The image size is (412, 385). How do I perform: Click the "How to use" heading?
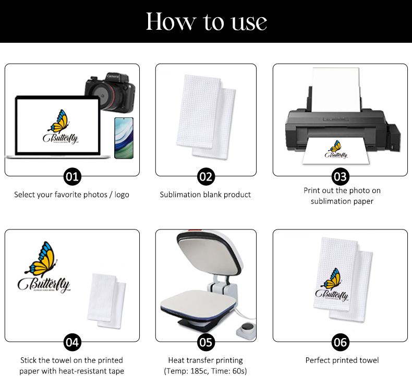coord(206,21)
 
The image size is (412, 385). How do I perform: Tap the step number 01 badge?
coord(72,177)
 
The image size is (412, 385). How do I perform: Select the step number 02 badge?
coord(206,177)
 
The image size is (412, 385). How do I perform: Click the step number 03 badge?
coord(340,177)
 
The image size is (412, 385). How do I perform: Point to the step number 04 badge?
coord(72,342)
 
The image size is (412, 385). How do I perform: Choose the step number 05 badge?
coord(206,342)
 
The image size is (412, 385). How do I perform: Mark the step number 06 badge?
coord(340,342)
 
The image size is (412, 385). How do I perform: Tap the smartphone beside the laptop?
coord(124,138)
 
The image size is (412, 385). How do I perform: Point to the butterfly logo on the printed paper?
coord(335,149)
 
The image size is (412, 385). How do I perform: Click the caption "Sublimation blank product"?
coord(205,195)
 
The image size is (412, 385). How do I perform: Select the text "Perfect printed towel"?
coord(342,360)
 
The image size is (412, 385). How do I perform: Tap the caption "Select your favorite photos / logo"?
coord(71,195)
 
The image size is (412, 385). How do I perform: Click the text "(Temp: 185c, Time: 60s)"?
coord(205,371)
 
